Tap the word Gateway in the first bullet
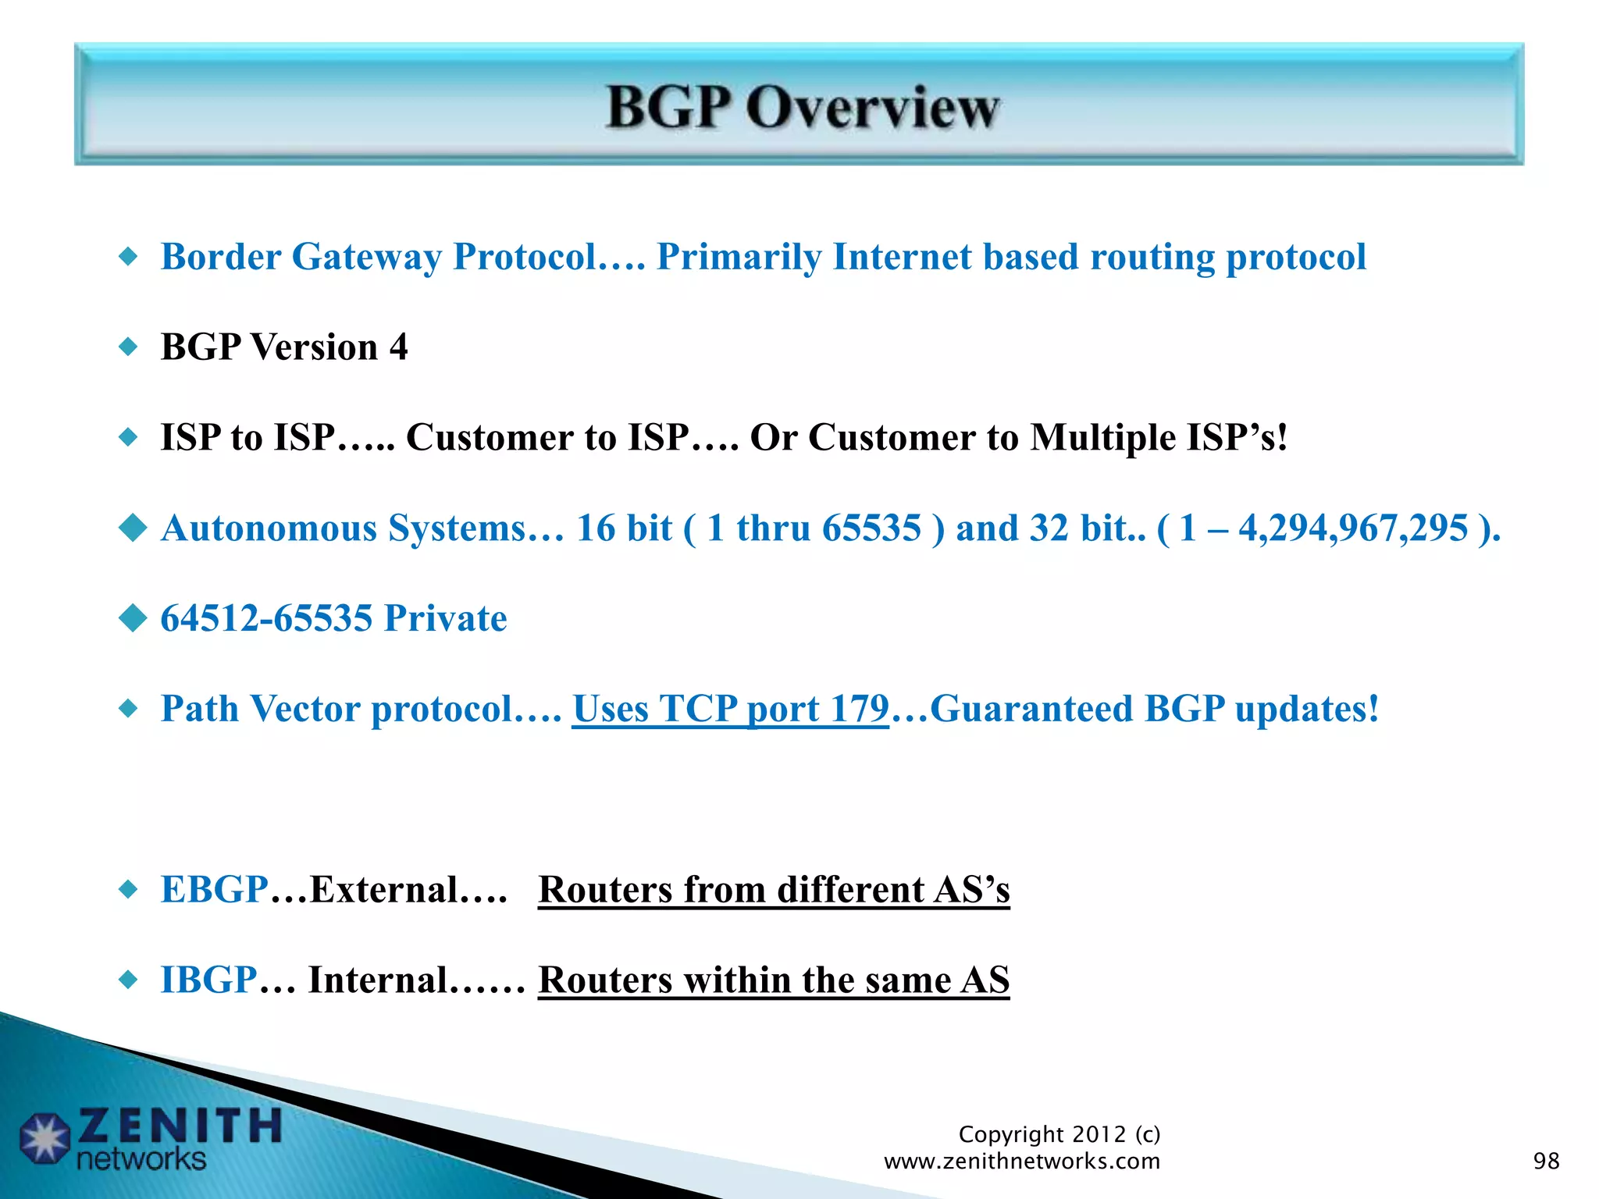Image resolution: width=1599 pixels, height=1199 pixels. pyautogui.click(x=366, y=258)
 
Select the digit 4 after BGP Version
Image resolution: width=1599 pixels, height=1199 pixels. pyautogui.click(x=398, y=347)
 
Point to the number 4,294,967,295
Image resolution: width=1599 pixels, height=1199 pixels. pyautogui.click(x=1353, y=528)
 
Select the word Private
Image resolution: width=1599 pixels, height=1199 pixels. pyautogui.click(x=445, y=619)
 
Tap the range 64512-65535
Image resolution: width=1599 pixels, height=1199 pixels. pyautogui.click(x=266, y=619)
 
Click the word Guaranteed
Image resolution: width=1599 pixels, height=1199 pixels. pyautogui.click(x=1031, y=709)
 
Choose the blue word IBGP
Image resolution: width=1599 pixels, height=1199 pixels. pyautogui.click(x=208, y=980)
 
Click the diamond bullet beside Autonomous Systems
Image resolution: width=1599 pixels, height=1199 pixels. pyautogui.click(x=133, y=528)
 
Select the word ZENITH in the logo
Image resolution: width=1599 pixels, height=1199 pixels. pyautogui.click(x=180, y=1126)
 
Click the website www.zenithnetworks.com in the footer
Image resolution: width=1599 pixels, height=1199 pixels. pyautogui.click(x=1021, y=1162)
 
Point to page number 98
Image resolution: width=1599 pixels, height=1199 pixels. pyautogui.click(x=1546, y=1162)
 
